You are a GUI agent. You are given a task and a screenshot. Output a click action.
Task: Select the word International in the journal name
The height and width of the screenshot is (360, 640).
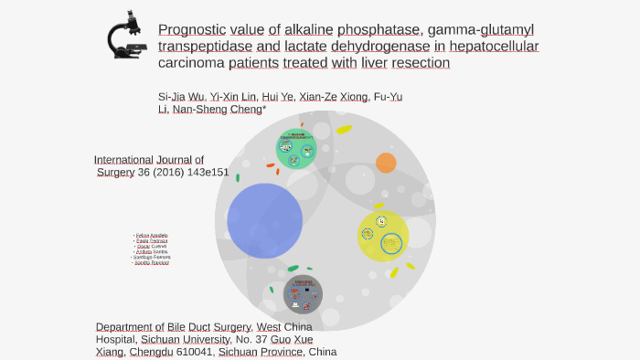tap(128, 159)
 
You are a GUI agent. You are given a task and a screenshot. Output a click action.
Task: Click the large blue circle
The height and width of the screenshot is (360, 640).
tap(264, 220)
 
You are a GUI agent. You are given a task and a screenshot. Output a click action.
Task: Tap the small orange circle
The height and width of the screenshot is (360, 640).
tap(386, 163)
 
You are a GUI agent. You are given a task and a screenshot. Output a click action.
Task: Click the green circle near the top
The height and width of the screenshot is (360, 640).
tap(295, 149)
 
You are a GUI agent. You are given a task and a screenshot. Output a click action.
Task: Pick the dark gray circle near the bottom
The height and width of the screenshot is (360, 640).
tap(303, 294)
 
